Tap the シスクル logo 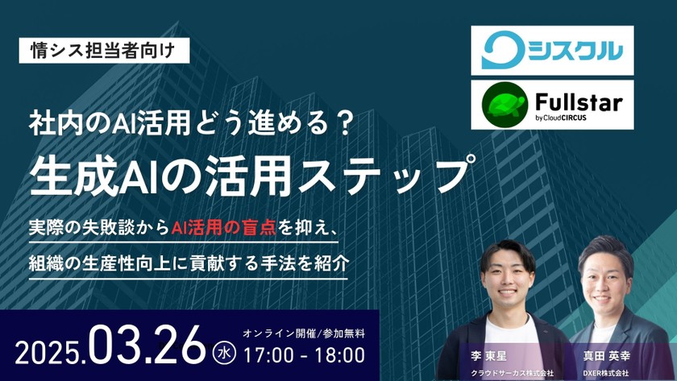[553, 51]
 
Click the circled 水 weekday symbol [223, 351]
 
